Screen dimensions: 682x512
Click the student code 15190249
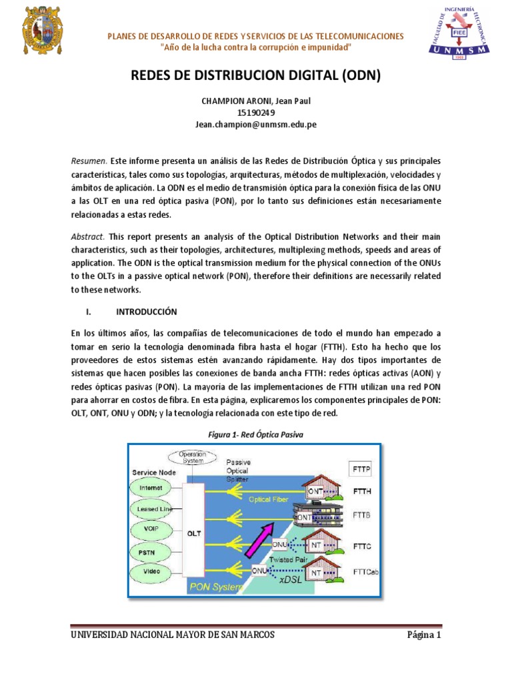coord(256,113)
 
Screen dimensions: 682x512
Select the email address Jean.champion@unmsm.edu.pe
coord(256,125)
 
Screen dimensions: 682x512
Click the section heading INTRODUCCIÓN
coord(147,311)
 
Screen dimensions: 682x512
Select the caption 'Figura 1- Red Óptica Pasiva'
coord(256,434)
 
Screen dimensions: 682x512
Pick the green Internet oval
coord(155,488)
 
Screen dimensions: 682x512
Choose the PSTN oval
coord(155,551)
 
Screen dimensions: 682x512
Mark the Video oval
coord(155,571)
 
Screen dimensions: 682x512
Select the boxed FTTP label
coord(361,468)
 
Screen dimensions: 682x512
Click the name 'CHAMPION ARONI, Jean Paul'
coord(256,101)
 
